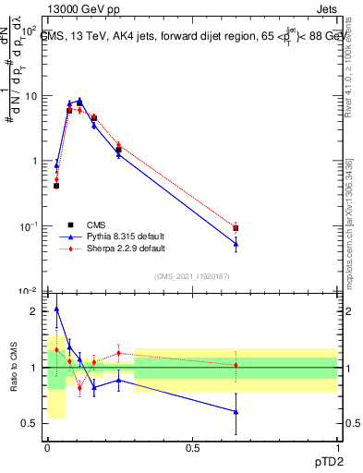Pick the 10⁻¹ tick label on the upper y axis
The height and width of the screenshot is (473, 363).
[x=29, y=226]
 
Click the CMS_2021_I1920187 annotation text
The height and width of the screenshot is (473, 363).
[x=191, y=275]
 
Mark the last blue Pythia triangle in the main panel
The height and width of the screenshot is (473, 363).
[x=236, y=244]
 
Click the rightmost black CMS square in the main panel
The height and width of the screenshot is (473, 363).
[x=236, y=227]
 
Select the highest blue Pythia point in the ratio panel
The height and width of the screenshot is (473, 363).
[x=56, y=309]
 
